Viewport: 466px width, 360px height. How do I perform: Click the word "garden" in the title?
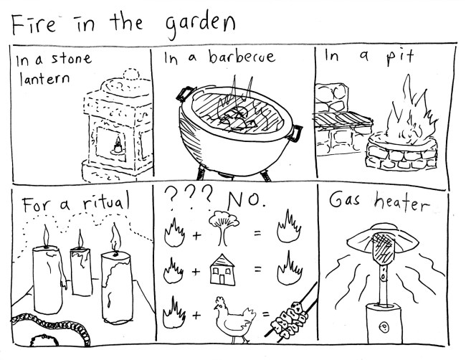200,26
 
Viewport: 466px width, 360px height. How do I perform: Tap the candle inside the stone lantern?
118,146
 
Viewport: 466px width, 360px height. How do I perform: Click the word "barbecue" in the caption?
242,56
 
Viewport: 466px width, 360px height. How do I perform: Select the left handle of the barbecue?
186,93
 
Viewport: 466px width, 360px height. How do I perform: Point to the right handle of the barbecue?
295,133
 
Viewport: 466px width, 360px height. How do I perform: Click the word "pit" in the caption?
400,57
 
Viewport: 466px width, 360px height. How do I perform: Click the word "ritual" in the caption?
106,202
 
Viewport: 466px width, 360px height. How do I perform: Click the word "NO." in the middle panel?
246,200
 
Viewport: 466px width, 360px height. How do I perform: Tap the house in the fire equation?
222,270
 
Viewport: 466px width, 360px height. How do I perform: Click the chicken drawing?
234,320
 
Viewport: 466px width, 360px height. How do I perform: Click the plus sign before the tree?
196,236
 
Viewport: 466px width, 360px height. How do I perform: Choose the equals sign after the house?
257,270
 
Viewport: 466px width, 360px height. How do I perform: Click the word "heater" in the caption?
401,202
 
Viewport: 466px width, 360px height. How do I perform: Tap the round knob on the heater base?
384,328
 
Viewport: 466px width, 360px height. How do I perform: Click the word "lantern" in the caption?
44,79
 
